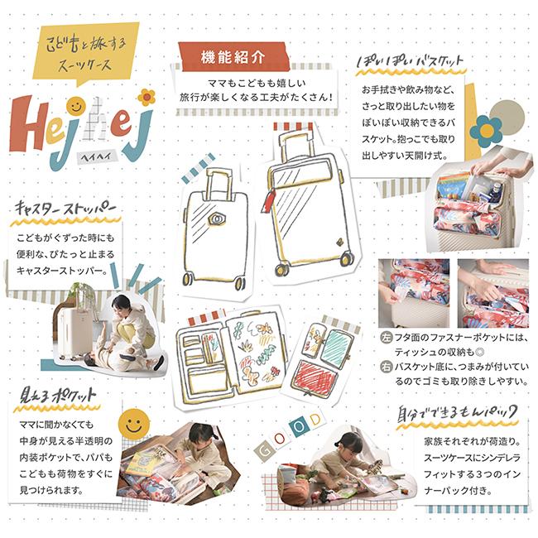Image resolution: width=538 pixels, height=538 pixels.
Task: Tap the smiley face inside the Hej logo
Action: (75, 106)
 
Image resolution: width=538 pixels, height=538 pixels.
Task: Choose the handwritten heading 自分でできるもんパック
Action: (456, 411)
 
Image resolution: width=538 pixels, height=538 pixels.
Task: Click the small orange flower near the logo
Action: (147, 96)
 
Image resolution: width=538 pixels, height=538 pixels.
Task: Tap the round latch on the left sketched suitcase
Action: (219, 221)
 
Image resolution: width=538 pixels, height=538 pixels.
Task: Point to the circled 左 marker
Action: (386, 337)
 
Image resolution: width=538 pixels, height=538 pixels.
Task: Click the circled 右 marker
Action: (386, 367)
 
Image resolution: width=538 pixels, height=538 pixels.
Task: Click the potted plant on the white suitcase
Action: (83, 294)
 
